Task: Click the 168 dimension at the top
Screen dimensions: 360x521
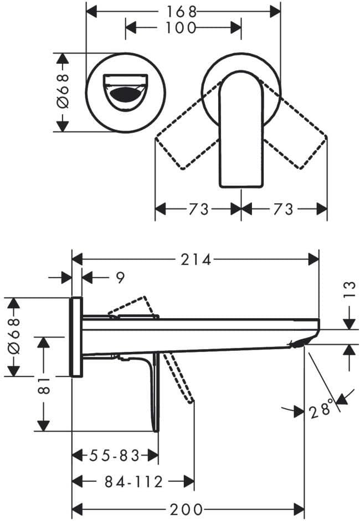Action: pos(182,12)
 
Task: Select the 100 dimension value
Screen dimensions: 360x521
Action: pos(181,28)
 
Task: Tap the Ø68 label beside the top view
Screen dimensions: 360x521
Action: pos(63,91)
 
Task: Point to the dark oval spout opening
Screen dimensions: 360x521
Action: pos(126,94)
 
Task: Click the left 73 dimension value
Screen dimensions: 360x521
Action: pos(199,209)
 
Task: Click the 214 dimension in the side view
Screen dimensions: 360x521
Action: pos(196,259)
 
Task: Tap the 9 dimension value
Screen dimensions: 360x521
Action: pos(120,277)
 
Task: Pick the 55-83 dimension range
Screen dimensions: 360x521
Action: pos(114,456)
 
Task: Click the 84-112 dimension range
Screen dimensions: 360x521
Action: pos(134,482)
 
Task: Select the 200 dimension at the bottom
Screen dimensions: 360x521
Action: pos(186,509)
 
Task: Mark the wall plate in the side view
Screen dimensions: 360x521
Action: pos(76,337)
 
